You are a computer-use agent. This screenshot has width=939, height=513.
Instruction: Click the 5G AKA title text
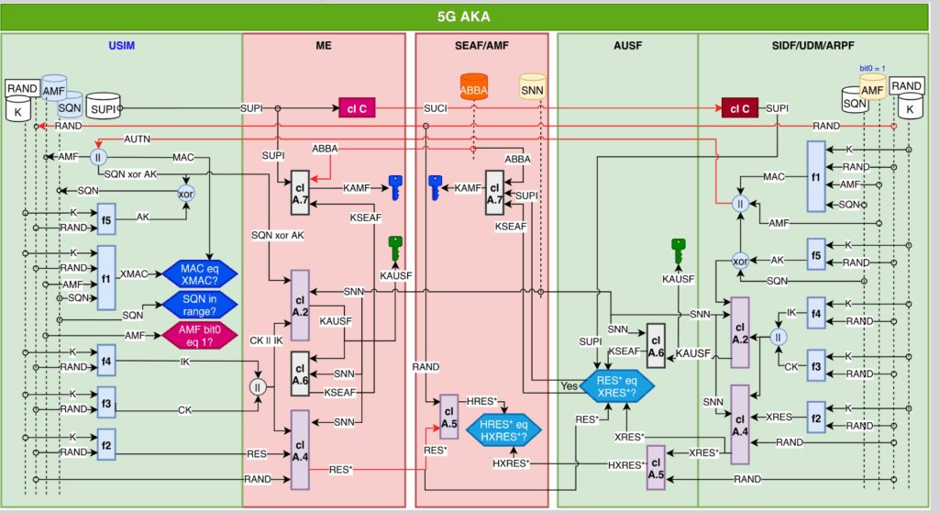[x=469, y=17]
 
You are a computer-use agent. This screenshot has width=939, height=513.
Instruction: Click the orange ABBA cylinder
[x=474, y=88]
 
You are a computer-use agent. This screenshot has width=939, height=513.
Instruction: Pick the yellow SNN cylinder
[x=532, y=88]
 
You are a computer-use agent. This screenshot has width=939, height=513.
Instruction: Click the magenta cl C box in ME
[x=358, y=108]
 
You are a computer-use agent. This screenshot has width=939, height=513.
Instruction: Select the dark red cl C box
[x=739, y=108]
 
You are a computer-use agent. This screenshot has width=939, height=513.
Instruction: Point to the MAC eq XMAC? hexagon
[x=200, y=273]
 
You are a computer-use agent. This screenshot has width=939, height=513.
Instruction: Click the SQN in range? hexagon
[x=200, y=306]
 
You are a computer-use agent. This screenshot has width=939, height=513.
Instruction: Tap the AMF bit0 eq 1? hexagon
[x=200, y=337]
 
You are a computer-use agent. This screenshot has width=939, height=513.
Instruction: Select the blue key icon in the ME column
[x=395, y=187]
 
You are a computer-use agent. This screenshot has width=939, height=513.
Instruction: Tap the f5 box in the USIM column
[x=105, y=220]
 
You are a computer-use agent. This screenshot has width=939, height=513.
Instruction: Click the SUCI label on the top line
[x=434, y=108]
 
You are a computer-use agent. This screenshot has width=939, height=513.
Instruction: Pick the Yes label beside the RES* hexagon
[x=569, y=386]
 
